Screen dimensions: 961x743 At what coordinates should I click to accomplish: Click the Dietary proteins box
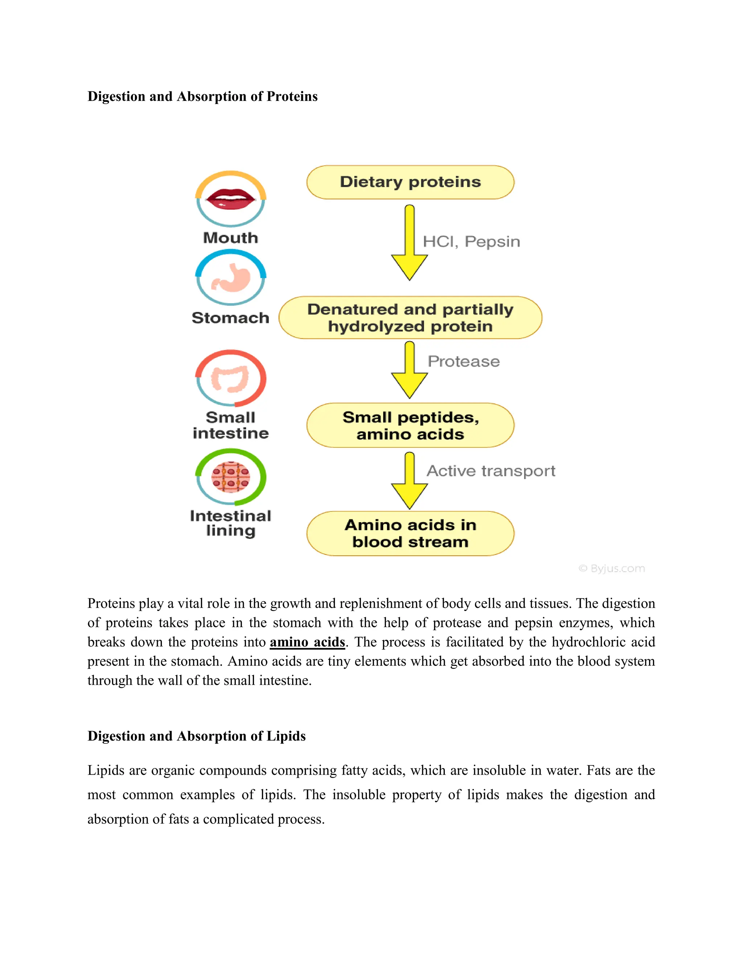click(x=410, y=182)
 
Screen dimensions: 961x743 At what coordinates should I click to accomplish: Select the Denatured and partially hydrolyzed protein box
click(x=410, y=318)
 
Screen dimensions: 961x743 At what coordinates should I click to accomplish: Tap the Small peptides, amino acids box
click(x=410, y=425)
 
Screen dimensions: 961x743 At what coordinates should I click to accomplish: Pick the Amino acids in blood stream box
click(x=410, y=533)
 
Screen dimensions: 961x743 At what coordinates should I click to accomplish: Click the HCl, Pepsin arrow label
click(x=471, y=242)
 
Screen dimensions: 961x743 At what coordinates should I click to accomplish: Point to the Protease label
click(x=464, y=361)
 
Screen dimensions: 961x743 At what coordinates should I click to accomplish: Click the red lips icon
click(x=231, y=199)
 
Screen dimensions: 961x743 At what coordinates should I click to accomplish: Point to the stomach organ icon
click(x=231, y=278)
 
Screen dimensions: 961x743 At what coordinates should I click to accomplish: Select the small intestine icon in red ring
click(x=231, y=378)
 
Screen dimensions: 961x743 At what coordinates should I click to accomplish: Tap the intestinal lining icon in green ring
click(x=231, y=477)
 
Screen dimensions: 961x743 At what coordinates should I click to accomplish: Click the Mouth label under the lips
click(x=231, y=238)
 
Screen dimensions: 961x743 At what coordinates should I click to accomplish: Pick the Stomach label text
click(x=231, y=318)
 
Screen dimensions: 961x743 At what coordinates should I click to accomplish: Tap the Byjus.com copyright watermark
click(x=612, y=569)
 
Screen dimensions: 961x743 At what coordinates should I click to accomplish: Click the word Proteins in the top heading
click(x=292, y=96)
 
